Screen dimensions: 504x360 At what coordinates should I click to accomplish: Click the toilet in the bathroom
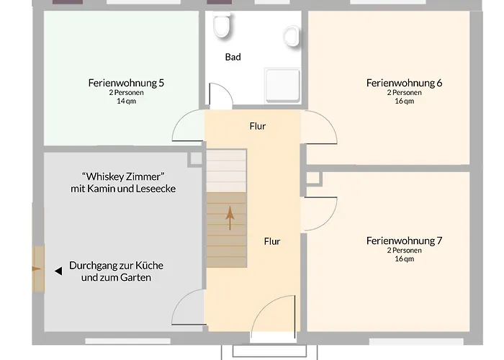222,24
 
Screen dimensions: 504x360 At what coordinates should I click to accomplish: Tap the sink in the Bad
292,36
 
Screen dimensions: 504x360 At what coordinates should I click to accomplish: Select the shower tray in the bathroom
282,86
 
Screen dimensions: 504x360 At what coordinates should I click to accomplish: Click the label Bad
233,57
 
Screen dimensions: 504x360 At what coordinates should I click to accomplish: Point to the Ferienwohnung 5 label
126,83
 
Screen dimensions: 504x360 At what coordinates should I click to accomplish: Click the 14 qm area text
126,101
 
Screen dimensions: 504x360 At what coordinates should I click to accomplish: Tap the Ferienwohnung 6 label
405,83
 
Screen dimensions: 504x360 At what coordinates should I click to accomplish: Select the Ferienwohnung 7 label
405,240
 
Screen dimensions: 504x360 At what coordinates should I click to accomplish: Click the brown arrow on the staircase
230,218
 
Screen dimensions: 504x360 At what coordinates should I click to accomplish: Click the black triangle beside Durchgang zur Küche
58,271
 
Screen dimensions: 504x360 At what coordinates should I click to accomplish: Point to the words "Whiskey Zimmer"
123,176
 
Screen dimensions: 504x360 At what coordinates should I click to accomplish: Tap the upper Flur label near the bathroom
258,126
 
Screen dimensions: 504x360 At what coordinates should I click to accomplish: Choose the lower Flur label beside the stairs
272,241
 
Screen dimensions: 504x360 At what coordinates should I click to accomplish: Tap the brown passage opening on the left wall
38,269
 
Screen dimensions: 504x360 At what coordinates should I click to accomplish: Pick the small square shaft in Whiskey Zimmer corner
195,159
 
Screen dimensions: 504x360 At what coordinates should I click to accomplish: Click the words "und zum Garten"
116,277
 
